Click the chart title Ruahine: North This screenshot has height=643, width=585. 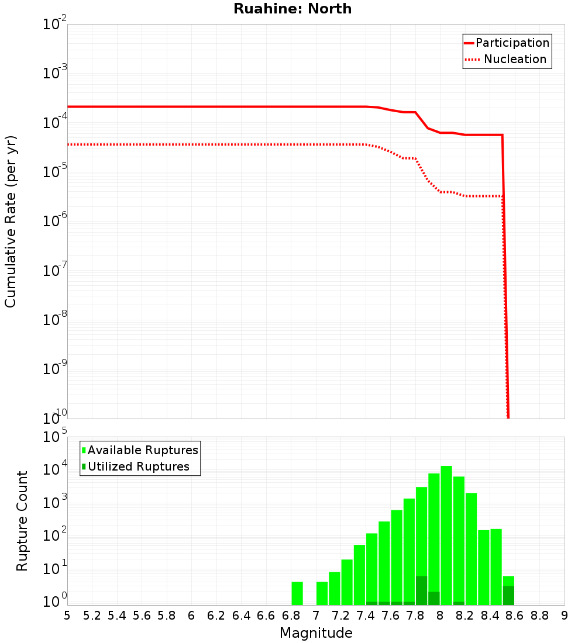click(x=292, y=9)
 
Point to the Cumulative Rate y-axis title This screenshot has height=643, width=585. click(x=11, y=222)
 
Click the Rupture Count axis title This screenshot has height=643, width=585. click(x=22, y=521)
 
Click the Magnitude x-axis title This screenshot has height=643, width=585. click(x=316, y=633)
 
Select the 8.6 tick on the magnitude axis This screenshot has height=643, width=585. click(x=515, y=616)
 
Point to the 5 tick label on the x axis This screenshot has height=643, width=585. click(x=67, y=616)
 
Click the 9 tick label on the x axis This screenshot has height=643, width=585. click(x=565, y=616)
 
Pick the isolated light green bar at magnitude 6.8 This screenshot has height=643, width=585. click(x=297, y=593)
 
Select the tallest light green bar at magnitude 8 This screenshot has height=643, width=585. click(x=446, y=535)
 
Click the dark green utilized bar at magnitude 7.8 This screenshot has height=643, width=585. click(x=421, y=590)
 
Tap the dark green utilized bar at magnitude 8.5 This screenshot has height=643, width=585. click(x=508, y=595)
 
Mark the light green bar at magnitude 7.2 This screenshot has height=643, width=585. click(x=347, y=582)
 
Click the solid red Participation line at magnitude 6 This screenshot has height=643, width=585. click(x=191, y=107)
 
